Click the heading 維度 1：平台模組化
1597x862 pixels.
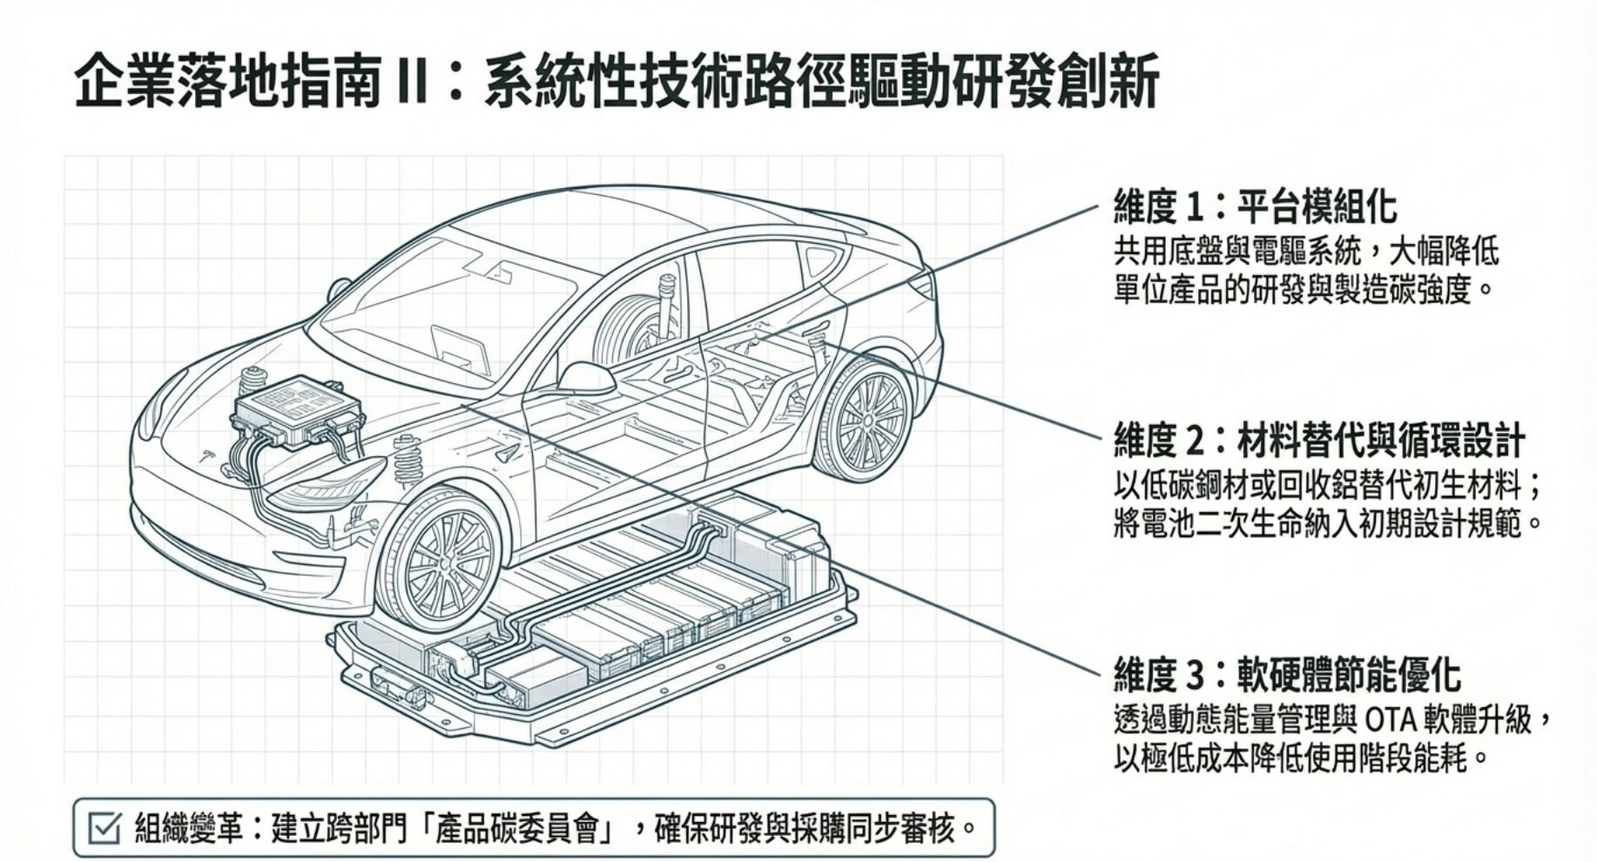pyautogui.click(x=1255, y=207)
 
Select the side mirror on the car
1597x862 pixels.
pyautogui.click(x=585, y=378)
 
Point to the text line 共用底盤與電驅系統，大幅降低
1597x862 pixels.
pyautogui.click(x=1306, y=253)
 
